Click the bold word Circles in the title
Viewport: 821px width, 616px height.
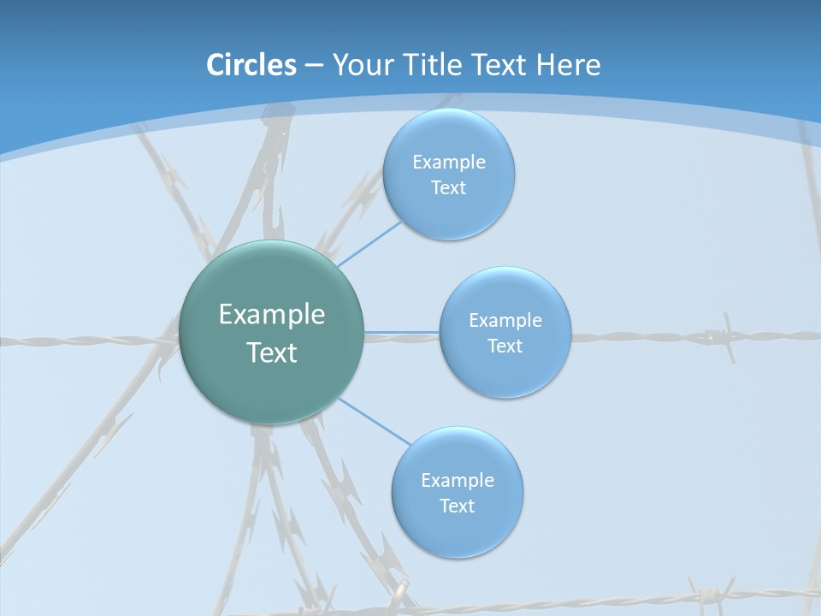[251, 65]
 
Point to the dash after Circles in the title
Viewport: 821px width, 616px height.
[314, 66]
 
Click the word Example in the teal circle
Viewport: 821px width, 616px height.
[272, 315]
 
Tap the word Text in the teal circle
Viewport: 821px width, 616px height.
[272, 352]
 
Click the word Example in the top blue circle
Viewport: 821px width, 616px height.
[449, 162]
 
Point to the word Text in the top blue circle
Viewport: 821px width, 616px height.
[449, 188]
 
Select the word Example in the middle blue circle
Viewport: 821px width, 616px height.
[505, 320]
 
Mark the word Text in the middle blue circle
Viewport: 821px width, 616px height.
[505, 346]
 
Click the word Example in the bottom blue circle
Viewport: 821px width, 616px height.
[458, 480]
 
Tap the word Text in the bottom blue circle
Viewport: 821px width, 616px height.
[458, 506]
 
